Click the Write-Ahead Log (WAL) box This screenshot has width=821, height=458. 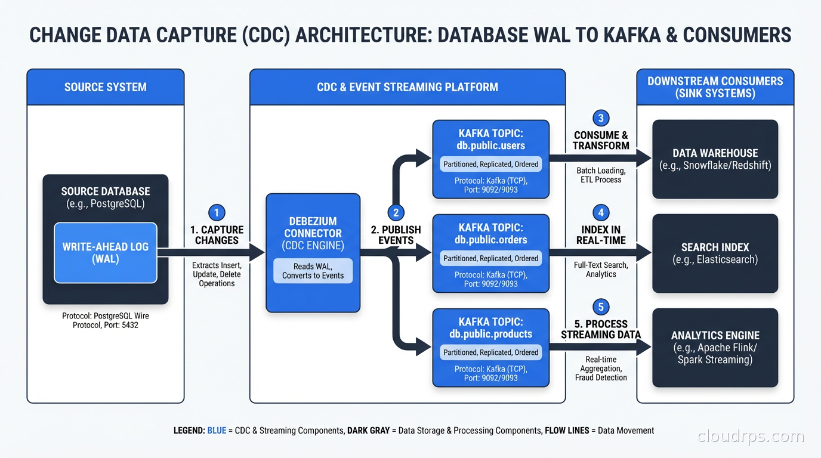(x=106, y=252)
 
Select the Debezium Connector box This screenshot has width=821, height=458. (x=313, y=252)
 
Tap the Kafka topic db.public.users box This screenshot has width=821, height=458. (x=490, y=159)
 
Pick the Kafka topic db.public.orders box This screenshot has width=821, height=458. (x=490, y=253)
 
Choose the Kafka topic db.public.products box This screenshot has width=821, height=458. (x=490, y=348)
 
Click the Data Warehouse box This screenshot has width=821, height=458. (x=715, y=159)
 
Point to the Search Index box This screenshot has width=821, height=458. (x=715, y=253)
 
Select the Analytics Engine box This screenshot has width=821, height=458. (x=715, y=348)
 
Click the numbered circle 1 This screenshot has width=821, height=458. (x=217, y=212)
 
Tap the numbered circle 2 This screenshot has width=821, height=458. (x=396, y=212)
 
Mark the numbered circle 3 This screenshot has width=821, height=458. (x=601, y=118)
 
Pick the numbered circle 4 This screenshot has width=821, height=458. (x=601, y=212)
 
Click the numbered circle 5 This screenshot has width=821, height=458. (x=601, y=307)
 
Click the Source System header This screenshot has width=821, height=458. (x=106, y=87)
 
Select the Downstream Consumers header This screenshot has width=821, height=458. (x=715, y=87)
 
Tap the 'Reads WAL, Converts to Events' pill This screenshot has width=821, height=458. (x=313, y=271)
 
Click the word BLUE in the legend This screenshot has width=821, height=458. (x=217, y=430)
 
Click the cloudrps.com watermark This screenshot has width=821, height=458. (x=751, y=437)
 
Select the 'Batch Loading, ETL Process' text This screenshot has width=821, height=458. (x=601, y=175)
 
